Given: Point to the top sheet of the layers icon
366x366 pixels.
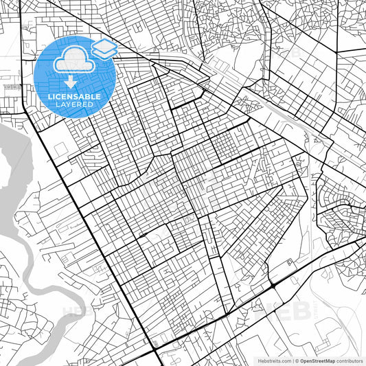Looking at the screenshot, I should [104, 45].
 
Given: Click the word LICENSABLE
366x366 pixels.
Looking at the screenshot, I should [73, 97].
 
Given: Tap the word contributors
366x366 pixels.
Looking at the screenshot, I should [349, 360].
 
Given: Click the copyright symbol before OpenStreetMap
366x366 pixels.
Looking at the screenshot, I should [297, 360].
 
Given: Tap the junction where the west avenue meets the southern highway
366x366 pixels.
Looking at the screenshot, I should [156, 351].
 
